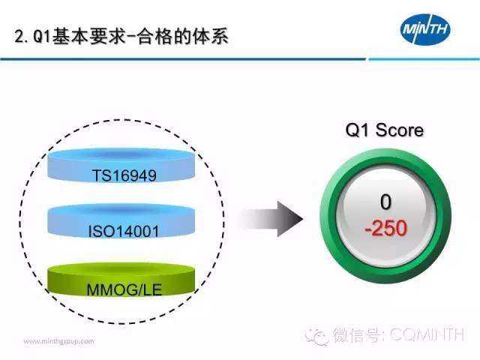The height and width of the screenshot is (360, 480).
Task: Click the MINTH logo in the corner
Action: point(425,29)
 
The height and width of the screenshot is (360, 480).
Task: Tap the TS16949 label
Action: point(124,175)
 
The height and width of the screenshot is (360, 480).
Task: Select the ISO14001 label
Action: point(124,232)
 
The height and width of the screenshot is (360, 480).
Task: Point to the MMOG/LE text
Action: point(124,289)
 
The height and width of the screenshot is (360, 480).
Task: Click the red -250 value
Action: point(386,228)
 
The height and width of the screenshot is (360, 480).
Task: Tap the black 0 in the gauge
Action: point(385,202)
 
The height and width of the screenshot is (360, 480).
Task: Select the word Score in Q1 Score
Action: point(400,130)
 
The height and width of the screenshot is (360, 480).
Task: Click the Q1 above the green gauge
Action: point(357,130)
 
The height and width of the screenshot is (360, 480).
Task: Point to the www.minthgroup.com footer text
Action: point(58,341)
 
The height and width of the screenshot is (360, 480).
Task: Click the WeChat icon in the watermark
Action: point(316,336)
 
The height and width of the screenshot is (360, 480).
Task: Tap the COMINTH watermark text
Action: point(427,334)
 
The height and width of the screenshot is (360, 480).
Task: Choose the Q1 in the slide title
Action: point(42,37)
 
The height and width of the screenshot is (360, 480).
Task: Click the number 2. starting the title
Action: point(22,37)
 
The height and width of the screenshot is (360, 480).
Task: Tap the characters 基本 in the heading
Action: point(70,37)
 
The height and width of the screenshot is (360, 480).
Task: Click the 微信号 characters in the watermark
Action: point(357,334)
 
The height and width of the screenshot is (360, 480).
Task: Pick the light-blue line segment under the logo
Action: point(424,59)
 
